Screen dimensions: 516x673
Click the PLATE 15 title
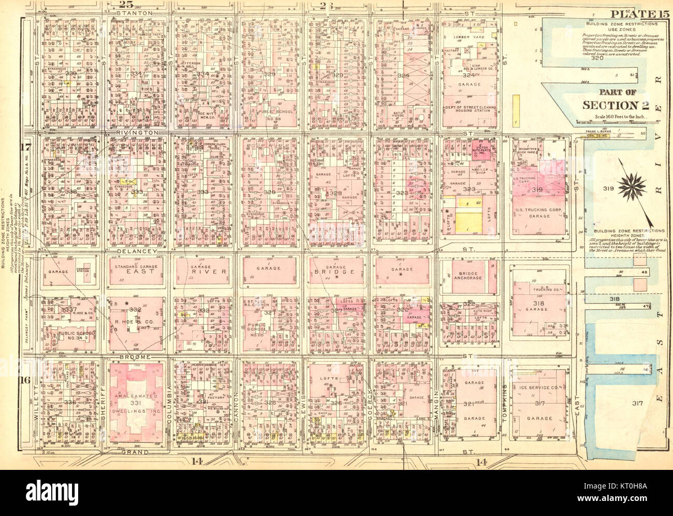(x=639, y=15)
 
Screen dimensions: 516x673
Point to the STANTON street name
(x=135, y=12)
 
